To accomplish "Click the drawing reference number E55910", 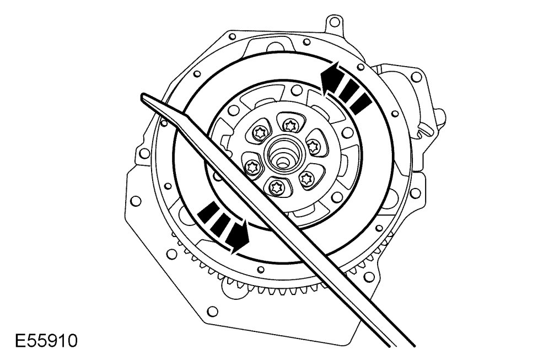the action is (x=46, y=341).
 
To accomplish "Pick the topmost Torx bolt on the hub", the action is (x=291, y=125).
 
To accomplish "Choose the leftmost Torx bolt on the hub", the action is (x=252, y=166).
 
